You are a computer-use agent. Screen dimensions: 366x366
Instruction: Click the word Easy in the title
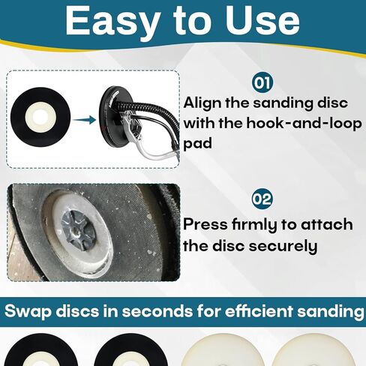click(x=109, y=21)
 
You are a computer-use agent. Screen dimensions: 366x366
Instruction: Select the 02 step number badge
click(x=262, y=199)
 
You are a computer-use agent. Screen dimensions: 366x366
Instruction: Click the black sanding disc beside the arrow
click(x=42, y=119)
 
